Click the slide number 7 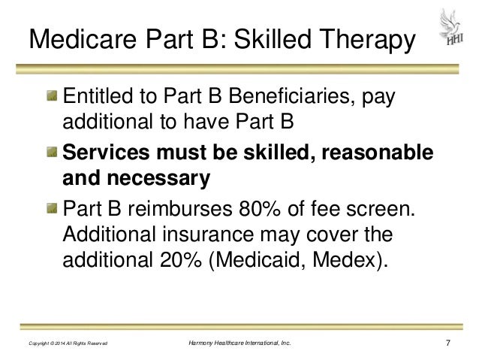tap(448, 343)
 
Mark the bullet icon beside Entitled tap(51, 98)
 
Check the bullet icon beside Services tap(51, 153)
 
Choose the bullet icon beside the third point tap(51, 207)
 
